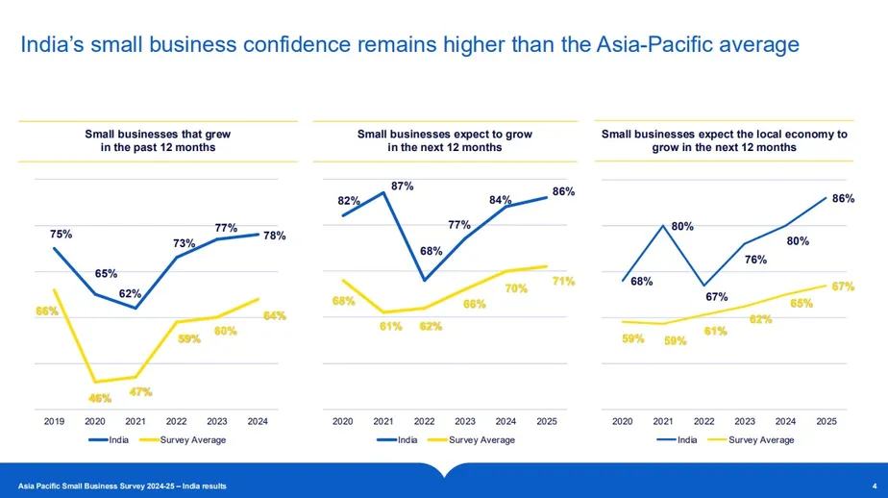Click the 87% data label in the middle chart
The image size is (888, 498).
click(x=402, y=185)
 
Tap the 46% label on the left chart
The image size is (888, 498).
click(x=101, y=397)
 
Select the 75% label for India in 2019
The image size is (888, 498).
click(x=61, y=234)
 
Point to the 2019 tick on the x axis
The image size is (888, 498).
click(x=55, y=420)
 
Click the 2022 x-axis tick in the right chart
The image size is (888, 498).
click(x=703, y=420)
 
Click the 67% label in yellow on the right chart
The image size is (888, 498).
click(x=843, y=286)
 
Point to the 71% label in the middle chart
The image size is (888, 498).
click(x=563, y=281)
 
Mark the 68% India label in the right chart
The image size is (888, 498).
click(x=642, y=281)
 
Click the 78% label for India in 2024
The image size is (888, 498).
click(x=274, y=236)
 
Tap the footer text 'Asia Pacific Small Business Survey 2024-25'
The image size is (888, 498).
click(x=106, y=486)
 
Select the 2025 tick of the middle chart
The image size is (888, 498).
click(x=546, y=420)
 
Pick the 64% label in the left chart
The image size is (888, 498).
click(x=274, y=315)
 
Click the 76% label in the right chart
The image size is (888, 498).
click(x=755, y=259)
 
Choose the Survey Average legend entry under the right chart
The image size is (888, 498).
click(x=762, y=439)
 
